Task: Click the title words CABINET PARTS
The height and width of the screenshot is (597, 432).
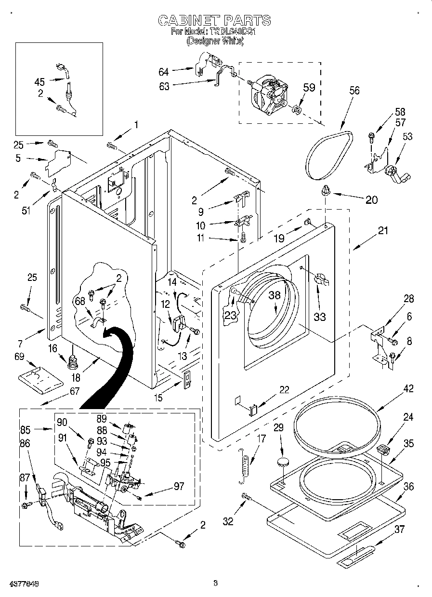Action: click(x=215, y=20)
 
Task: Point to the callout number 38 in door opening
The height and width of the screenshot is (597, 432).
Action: click(x=274, y=296)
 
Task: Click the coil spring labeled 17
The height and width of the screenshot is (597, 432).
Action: click(x=245, y=464)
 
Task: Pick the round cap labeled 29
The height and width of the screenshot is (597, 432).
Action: click(x=283, y=463)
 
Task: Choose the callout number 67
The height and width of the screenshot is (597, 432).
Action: click(x=74, y=391)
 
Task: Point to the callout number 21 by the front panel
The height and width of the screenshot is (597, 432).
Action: click(x=382, y=231)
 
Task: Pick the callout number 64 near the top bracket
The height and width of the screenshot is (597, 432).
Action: click(x=164, y=72)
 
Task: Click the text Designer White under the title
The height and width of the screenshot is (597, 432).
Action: click(x=215, y=41)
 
